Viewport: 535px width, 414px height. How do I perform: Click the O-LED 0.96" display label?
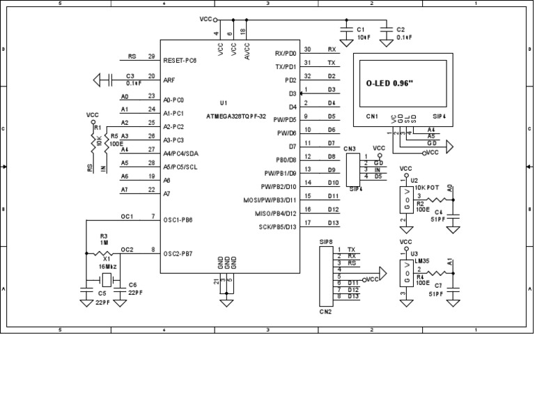pos(389,83)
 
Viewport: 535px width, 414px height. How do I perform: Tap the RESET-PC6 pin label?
pos(180,61)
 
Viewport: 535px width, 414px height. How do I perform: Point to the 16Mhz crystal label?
pos(107,266)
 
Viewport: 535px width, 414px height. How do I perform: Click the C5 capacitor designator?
pos(102,293)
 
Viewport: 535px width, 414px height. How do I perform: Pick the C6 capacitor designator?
pos(132,285)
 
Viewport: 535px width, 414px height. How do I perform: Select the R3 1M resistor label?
pos(104,239)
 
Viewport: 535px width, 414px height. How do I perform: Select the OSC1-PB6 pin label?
pos(178,220)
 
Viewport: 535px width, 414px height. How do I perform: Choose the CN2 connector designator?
pos(325,312)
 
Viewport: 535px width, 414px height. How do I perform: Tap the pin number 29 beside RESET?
pos(151,56)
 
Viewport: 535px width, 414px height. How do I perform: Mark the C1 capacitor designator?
pos(361,30)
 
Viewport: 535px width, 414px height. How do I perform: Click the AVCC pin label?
pos(247,49)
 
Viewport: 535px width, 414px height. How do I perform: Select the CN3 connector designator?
pos(350,148)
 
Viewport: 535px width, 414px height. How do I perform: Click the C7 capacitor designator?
pos(438,286)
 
